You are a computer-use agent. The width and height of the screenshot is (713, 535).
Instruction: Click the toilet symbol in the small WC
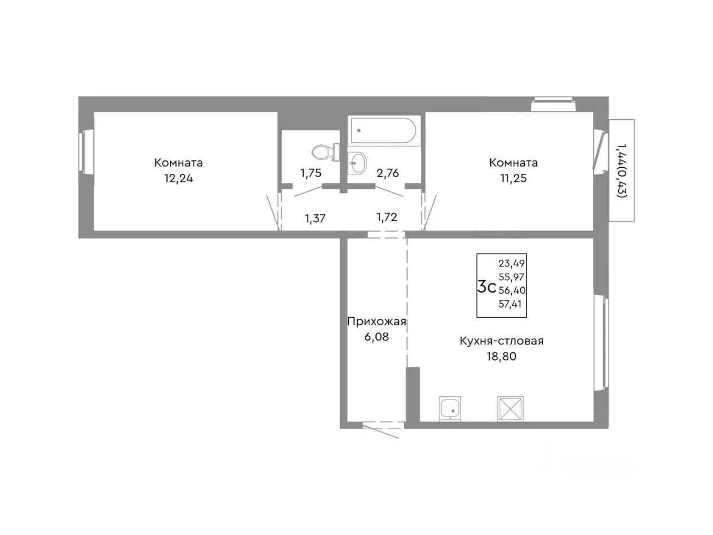325,152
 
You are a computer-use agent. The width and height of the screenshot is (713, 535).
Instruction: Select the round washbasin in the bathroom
356,162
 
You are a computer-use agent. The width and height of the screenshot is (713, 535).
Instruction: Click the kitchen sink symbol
450,408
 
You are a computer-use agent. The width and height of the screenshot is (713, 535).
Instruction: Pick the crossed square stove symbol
510,408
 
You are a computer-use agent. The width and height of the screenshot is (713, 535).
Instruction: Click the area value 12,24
179,178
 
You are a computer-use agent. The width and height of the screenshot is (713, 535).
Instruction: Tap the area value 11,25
513,178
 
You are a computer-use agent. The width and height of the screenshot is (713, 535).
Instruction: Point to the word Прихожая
377,322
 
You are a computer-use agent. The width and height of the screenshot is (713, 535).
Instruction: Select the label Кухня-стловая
501,341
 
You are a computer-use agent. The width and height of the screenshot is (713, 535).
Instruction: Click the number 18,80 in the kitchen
501,357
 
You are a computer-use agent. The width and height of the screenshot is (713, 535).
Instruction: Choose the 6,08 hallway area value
377,337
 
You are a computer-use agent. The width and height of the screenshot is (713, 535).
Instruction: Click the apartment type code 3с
486,287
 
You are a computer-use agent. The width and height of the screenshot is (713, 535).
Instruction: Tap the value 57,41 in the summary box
510,304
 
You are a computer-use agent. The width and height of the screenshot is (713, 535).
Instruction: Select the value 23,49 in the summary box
511,263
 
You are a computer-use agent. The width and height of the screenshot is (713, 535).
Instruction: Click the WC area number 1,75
311,173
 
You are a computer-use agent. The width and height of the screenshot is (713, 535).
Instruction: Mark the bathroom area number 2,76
388,173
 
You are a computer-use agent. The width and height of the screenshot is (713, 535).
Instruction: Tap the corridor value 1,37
315,218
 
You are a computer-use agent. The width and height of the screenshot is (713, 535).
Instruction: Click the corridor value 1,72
387,217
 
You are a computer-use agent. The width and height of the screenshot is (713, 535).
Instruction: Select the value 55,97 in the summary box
511,277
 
